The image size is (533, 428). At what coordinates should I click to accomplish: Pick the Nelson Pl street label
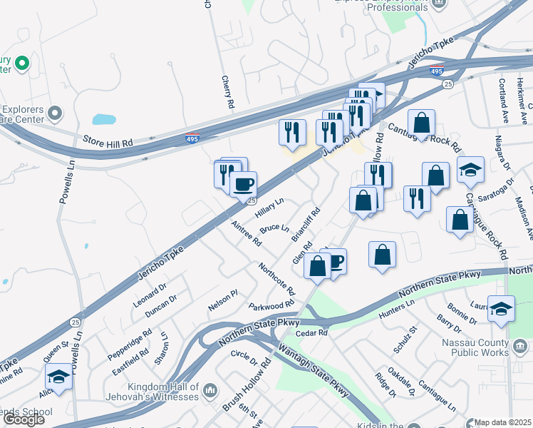click(222, 305)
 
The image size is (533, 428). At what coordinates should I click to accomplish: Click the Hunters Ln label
click(397, 307)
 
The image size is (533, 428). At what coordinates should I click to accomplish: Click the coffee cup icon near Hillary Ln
click(243, 184)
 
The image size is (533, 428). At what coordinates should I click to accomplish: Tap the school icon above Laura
click(502, 308)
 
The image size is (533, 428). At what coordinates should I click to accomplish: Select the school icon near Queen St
click(58, 376)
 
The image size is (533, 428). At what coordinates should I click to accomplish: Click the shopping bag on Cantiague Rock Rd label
click(422, 122)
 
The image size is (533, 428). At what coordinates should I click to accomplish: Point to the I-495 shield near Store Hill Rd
click(192, 138)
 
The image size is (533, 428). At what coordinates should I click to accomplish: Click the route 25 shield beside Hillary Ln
click(252, 201)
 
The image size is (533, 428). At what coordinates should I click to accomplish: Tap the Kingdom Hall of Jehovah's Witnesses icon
click(210, 390)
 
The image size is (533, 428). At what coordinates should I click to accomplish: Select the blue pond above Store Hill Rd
click(104, 119)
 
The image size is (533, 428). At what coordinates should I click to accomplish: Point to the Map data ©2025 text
click(503, 422)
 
